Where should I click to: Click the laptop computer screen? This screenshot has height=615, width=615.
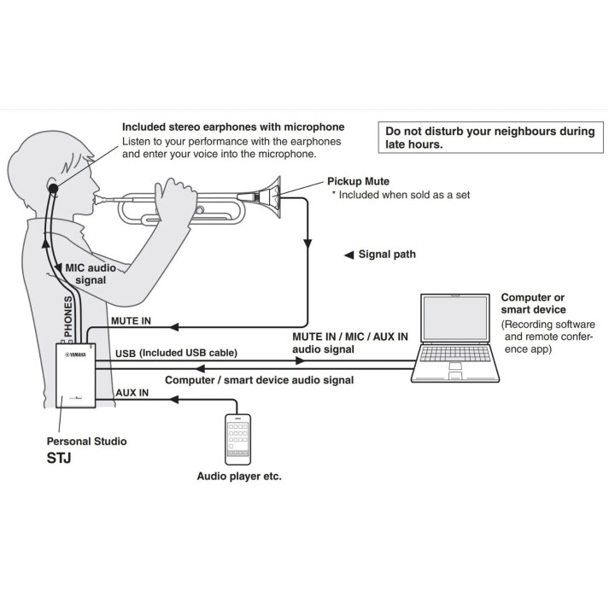[x=455, y=318]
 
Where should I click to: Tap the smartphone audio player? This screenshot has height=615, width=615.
[x=237, y=439]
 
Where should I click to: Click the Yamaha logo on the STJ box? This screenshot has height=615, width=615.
[x=75, y=354]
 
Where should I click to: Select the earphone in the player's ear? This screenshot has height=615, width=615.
[x=53, y=189]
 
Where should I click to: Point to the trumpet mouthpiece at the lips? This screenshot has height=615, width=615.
[x=100, y=199]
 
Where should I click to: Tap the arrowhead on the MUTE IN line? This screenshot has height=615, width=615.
[x=174, y=326]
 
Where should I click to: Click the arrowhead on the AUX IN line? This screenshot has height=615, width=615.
[x=174, y=399]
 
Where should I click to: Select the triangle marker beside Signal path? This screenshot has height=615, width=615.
[x=348, y=255]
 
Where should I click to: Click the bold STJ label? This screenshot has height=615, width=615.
[x=59, y=458]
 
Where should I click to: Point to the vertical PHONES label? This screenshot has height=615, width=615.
[x=68, y=317]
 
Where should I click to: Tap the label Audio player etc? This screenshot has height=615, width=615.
[x=239, y=476]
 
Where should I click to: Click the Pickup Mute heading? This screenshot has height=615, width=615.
[x=358, y=181]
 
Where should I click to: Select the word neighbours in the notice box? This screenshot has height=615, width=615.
[x=511, y=132]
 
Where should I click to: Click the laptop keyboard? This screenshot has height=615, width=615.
[x=455, y=354]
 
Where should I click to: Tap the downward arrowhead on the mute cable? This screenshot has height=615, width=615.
[x=307, y=243]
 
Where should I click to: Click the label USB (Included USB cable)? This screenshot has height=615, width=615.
[x=176, y=353]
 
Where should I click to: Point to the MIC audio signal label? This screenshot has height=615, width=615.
[x=91, y=274]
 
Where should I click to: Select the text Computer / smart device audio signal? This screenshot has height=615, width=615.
[x=260, y=380]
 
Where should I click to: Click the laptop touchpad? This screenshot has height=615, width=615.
[x=455, y=366]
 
